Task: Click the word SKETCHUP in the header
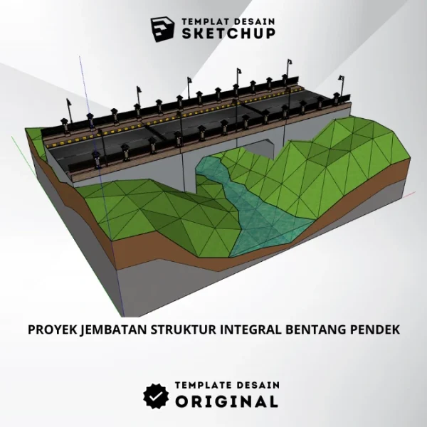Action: tap(228, 33)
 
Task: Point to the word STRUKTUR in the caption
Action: tap(176, 330)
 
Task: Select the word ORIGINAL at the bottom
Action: tap(227, 401)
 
